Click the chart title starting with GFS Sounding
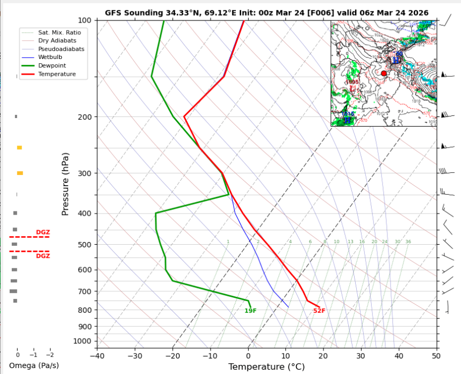[x=266, y=13]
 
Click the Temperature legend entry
[x=57, y=74]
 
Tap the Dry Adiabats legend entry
[x=57, y=41]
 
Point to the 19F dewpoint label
[x=250, y=311]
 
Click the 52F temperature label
[x=319, y=311]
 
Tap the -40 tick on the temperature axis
[x=97, y=355]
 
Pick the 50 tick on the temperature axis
[x=436, y=355]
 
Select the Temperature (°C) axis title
[x=266, y=367]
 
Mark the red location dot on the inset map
[x=384, y=73]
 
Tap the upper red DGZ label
[x=42, y=232]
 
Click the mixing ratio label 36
[x=408, y=242]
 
